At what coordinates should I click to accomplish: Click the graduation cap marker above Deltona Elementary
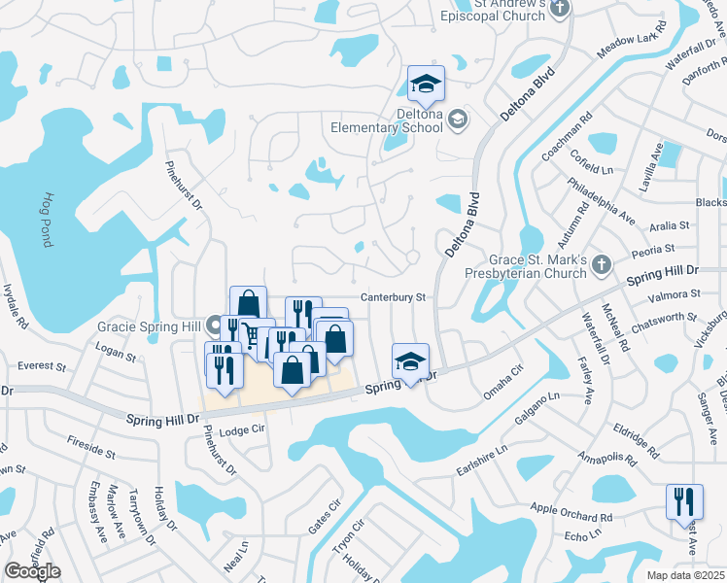[x=426, y=86]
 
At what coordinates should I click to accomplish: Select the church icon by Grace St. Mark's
[x=602, y=262]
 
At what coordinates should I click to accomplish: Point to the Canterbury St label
[x=394, y=297]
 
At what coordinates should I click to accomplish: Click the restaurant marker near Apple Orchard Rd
[x=684, y=501]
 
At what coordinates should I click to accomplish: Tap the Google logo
[x=32, y=571]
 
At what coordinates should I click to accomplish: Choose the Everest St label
[x=42, y=367]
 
